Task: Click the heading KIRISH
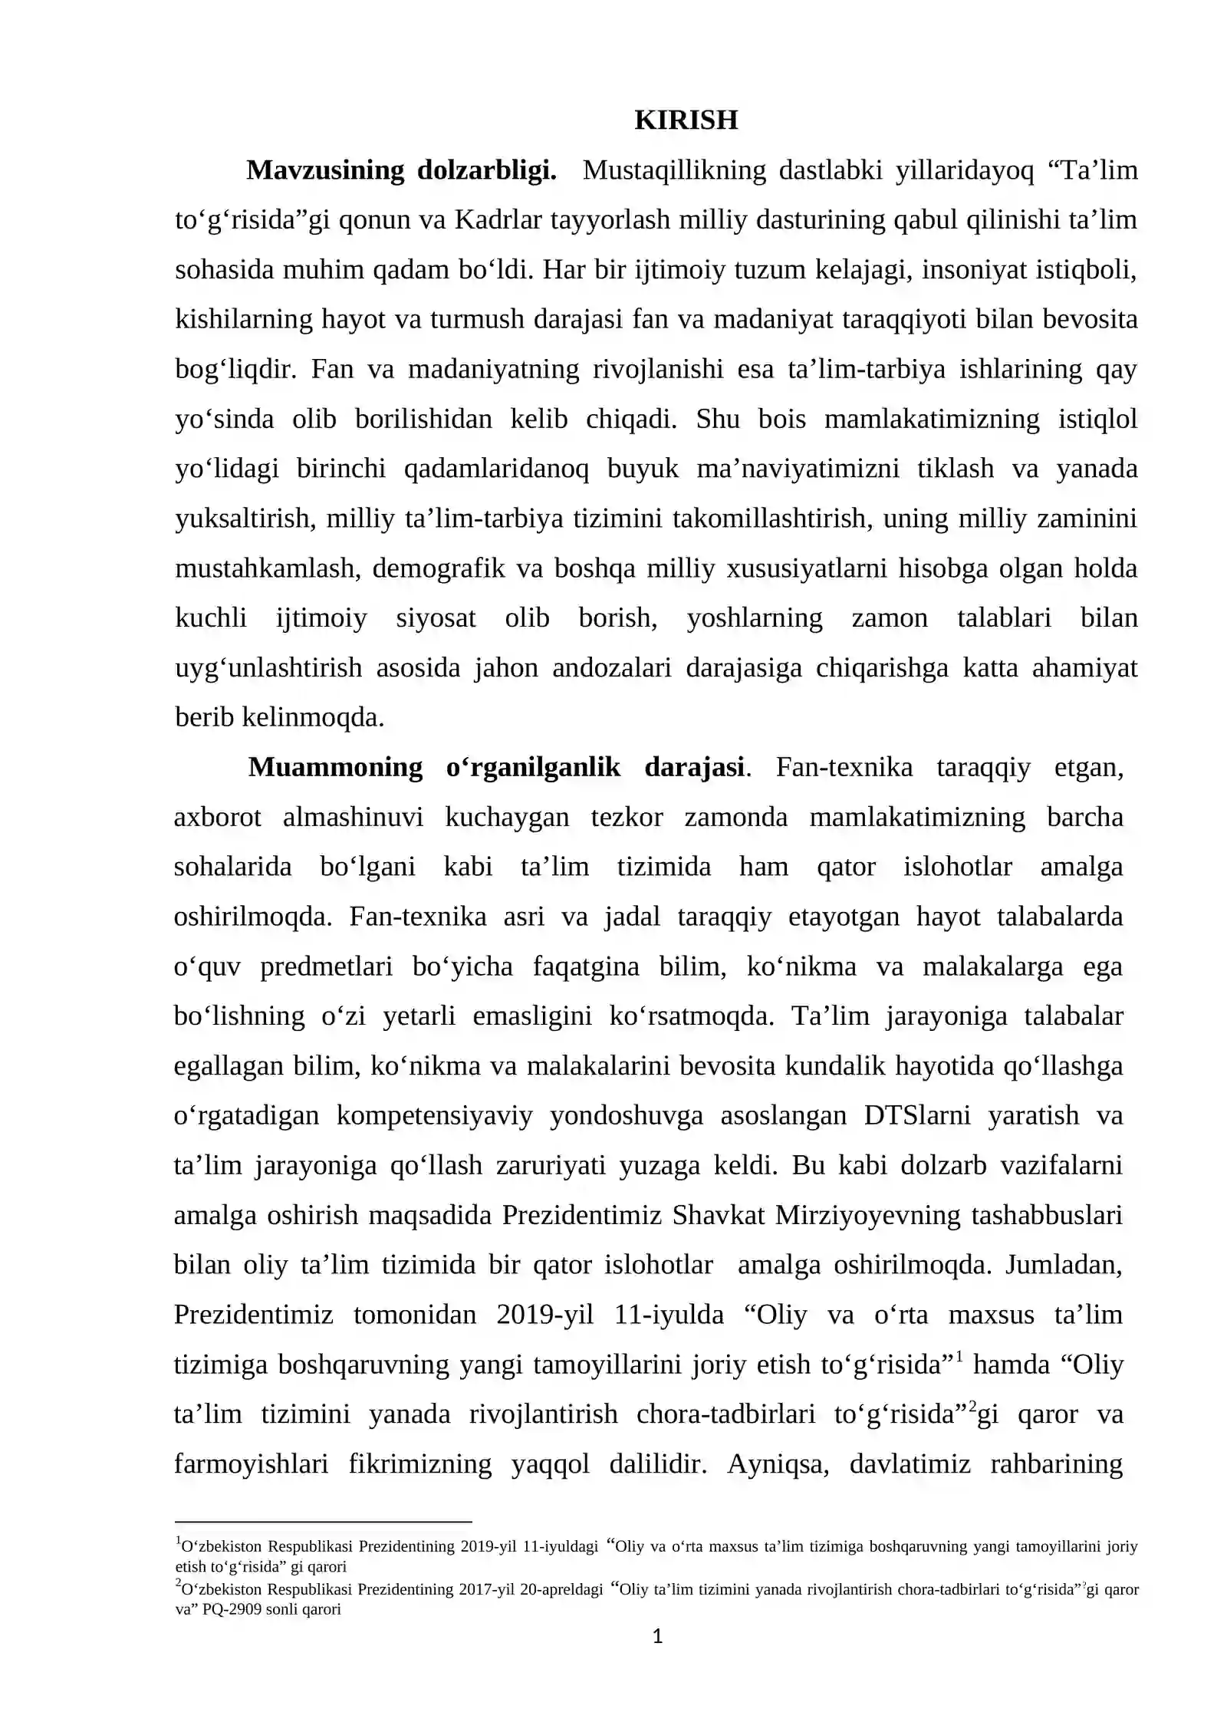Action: pyautogui.click(x=686, y=120)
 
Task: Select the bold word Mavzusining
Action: pyautogui.click(x=324, y=170)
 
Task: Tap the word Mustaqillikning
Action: pyautogui.click(x=673, y=170)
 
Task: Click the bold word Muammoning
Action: pyautogui.click(x=335, y=767)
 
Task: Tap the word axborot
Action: pyautogui.click(x=218, y=817)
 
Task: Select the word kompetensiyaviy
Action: pyautogui.click(x=434, y=1115)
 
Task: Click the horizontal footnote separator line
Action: pyautogui.click(x=323, y=1522)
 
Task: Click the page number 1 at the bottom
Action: pyautogui.click(x=657, y=1637)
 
